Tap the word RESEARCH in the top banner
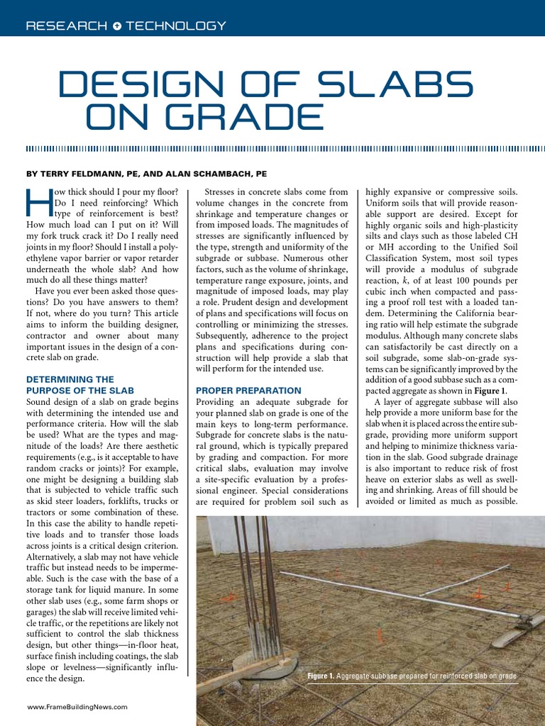[x=66, y=26]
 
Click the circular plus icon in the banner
[x=116, y=26]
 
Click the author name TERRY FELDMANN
[x=84, y=174]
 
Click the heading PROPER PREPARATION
[x=248, y=390]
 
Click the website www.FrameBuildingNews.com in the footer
[x=77, y=706]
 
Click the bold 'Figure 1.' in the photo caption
[x=321, y=676]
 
